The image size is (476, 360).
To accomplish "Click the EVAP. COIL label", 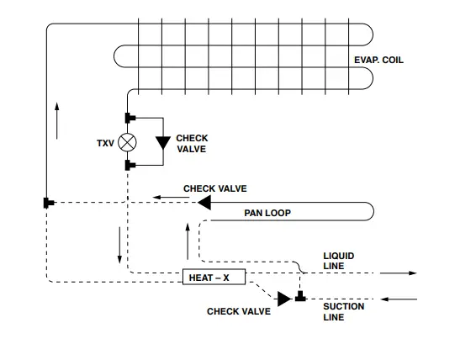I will coord(379,60).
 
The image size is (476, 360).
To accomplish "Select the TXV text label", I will coord(104,143).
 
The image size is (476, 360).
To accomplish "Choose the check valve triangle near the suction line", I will coord(284,298).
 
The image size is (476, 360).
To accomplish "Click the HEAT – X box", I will coord(214,278).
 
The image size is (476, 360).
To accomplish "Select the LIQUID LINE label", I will coord(339,260).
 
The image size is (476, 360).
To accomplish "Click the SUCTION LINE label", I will coord(344,312).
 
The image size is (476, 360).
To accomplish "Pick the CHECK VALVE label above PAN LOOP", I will coord(215,188).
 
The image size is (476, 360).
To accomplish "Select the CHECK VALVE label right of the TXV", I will coord(192,144).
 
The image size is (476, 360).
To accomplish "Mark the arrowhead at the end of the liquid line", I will coord(412,273).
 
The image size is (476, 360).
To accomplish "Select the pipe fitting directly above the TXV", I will coord(128,117).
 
